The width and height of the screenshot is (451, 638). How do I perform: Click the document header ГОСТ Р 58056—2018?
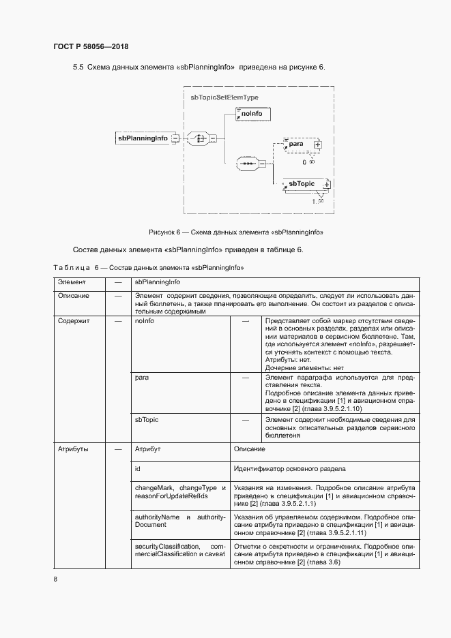[91, 47]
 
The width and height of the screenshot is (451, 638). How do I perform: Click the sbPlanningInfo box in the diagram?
[143, 138]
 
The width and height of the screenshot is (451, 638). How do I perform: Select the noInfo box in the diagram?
[252, 113]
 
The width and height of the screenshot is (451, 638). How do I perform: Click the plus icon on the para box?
[317, 145]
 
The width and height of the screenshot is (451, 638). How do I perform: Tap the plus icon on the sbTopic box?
[327, 184]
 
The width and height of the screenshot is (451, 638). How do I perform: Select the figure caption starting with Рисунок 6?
[235, 232]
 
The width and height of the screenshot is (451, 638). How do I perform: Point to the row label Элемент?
[72, 282]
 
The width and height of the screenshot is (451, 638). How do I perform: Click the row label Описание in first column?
[74, 296]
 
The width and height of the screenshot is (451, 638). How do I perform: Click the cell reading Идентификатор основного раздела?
[290, 469]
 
